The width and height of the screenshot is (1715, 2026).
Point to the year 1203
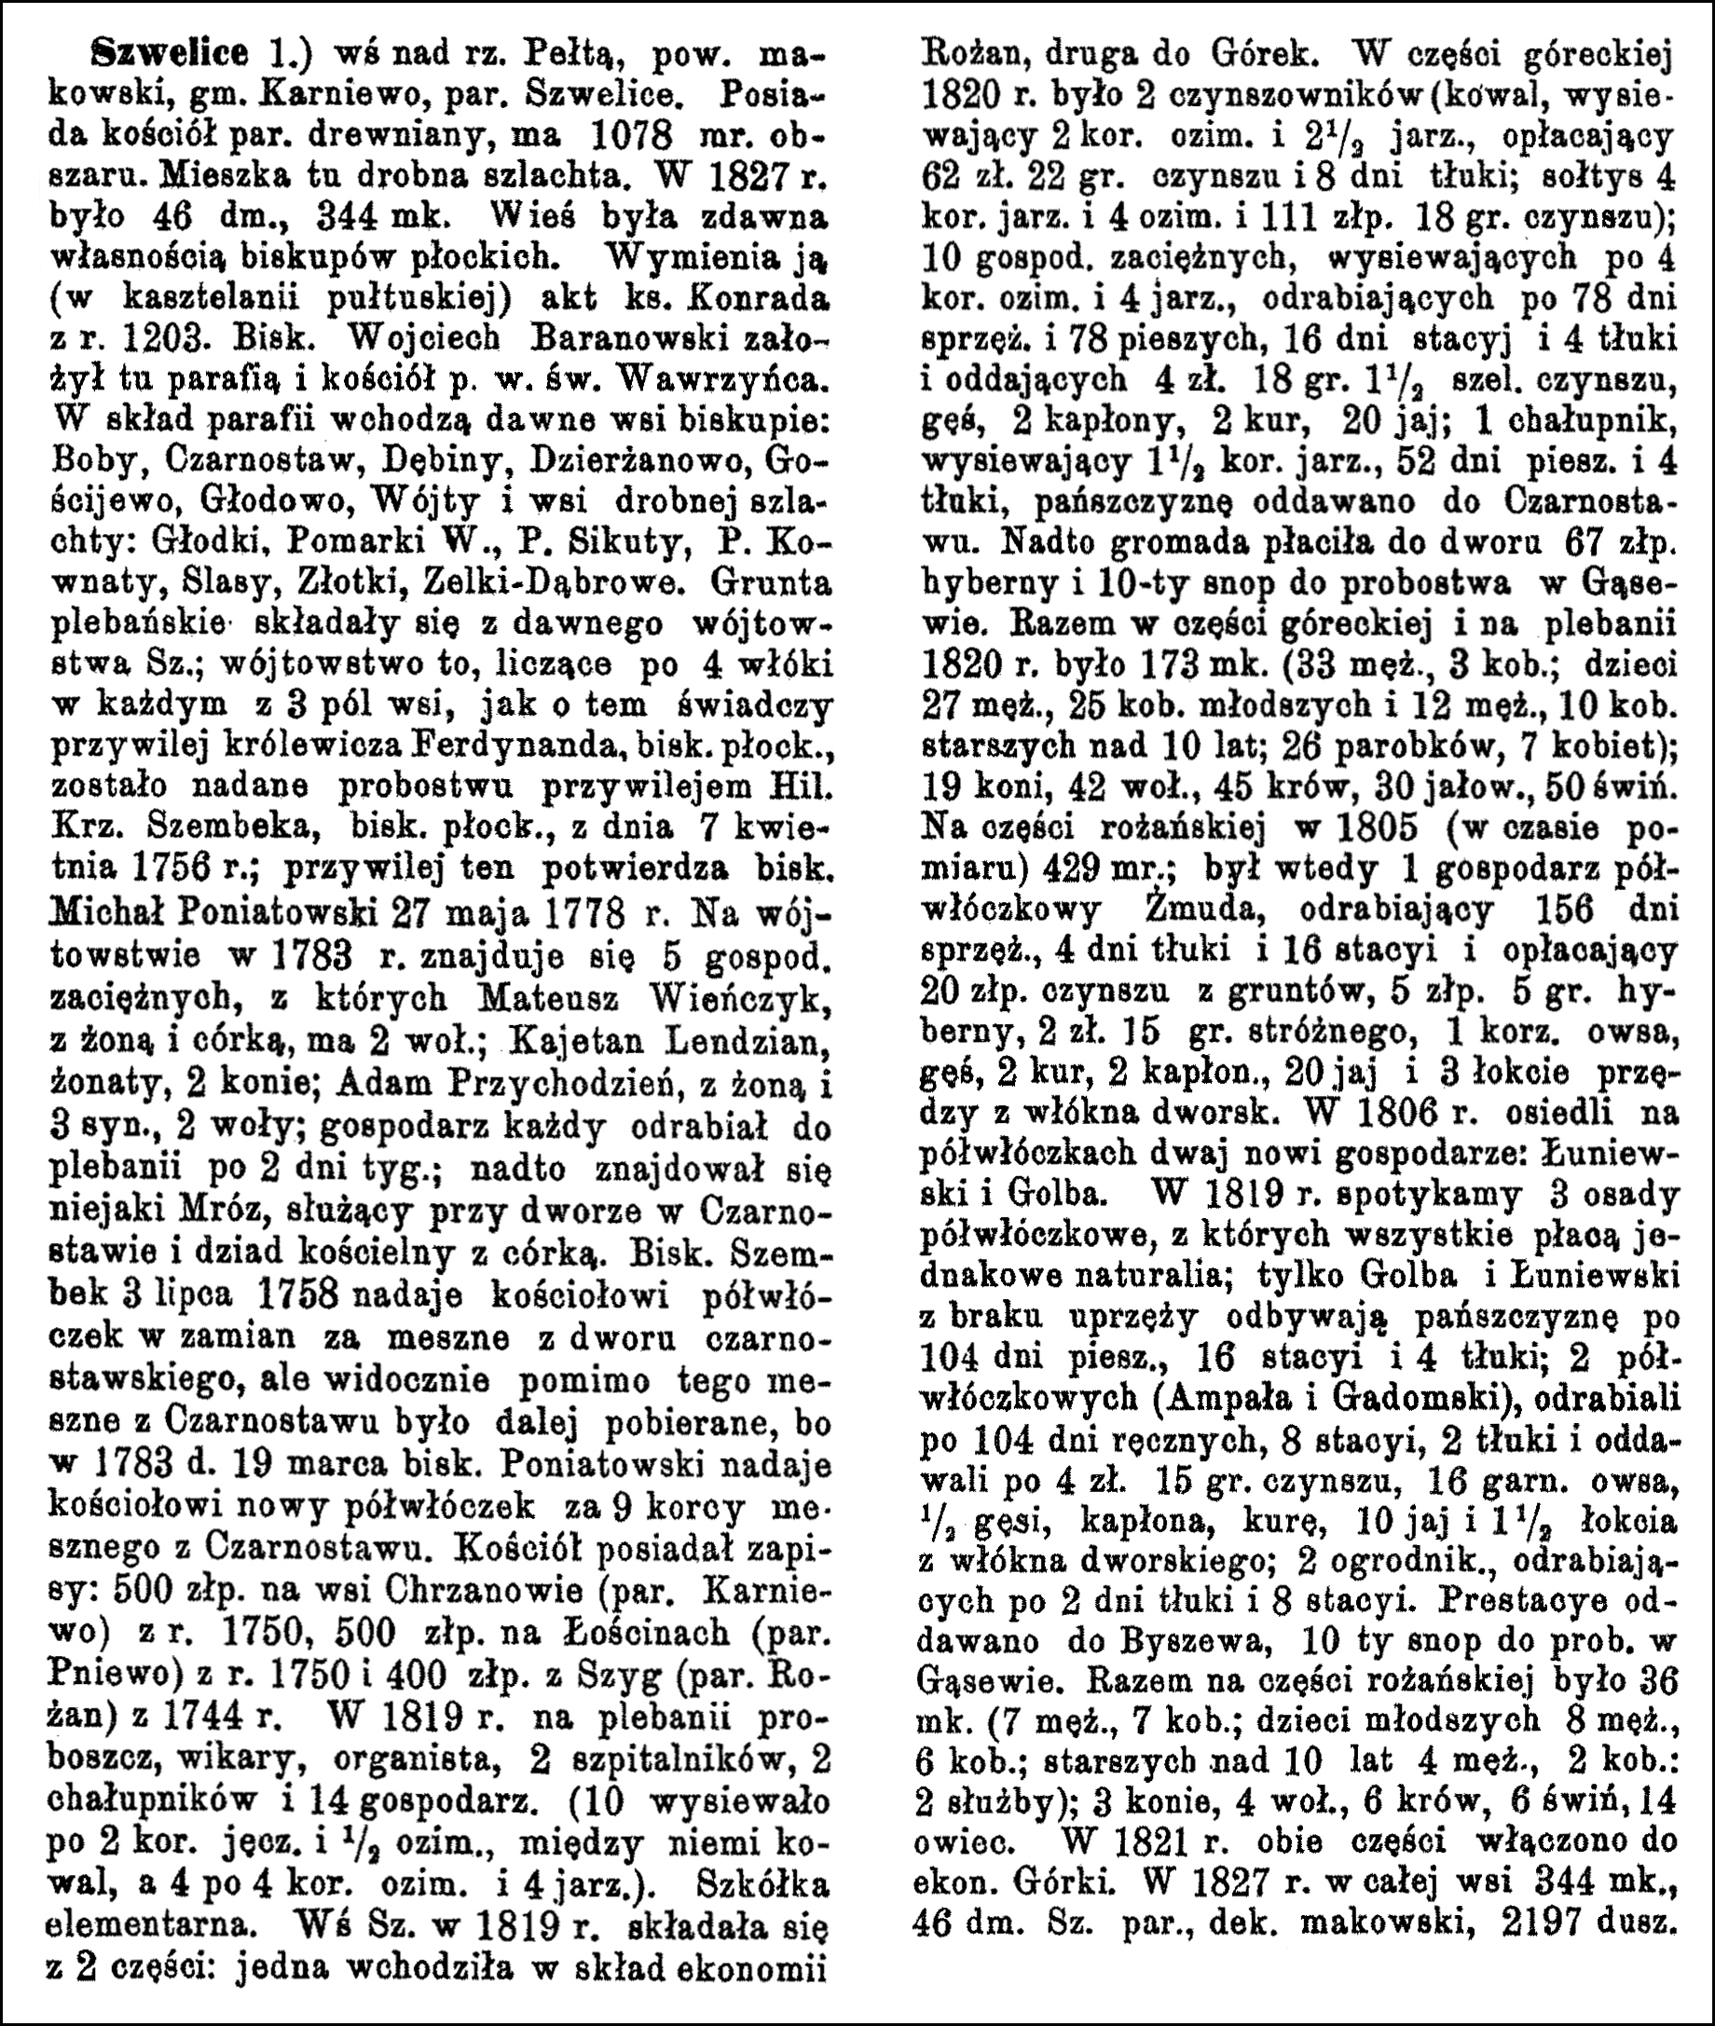click(168, 341)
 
